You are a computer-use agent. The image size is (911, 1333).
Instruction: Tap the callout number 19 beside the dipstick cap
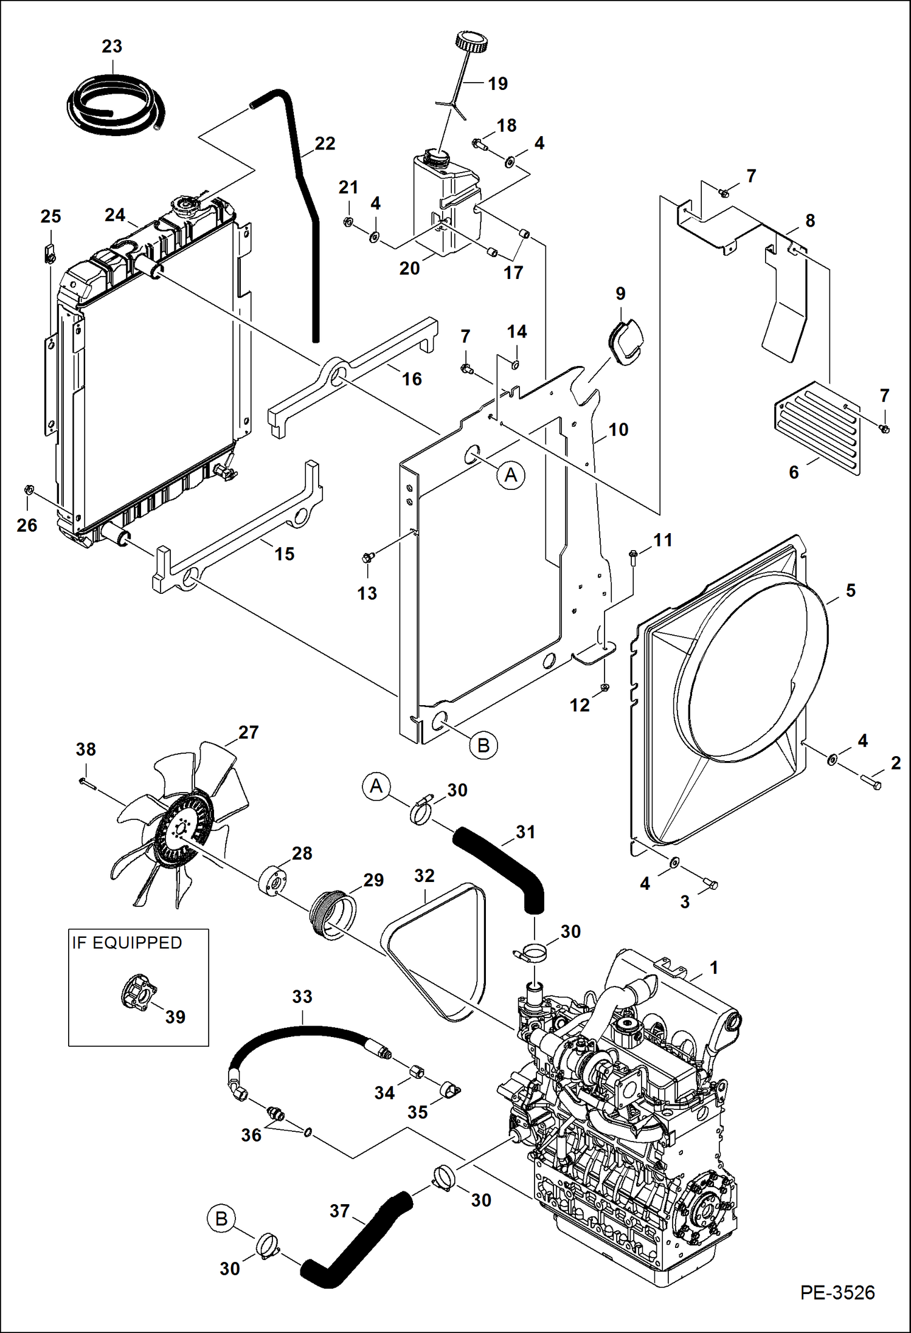(497, 84)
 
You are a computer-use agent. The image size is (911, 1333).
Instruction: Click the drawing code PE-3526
(837, 1292)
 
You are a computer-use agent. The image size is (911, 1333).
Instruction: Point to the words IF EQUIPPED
(126, 943)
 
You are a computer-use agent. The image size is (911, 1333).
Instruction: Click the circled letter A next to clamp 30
(376, 787)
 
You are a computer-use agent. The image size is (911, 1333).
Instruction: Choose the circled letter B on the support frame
(483, 745)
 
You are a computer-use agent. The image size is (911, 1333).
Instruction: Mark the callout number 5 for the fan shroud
(850, 590)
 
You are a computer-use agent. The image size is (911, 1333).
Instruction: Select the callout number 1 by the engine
(714, 967)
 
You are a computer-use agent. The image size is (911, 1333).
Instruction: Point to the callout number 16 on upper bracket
(412, 379)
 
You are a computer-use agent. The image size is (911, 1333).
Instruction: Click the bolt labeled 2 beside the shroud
(871, 783)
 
